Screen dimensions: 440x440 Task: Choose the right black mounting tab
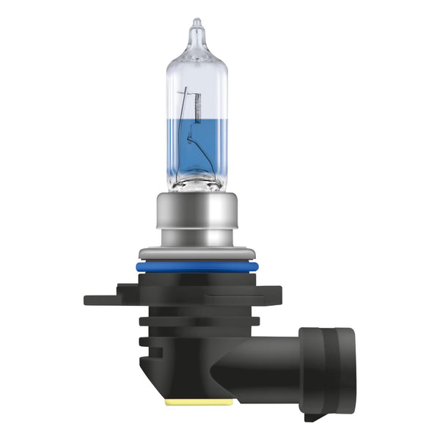coord(242,298)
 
